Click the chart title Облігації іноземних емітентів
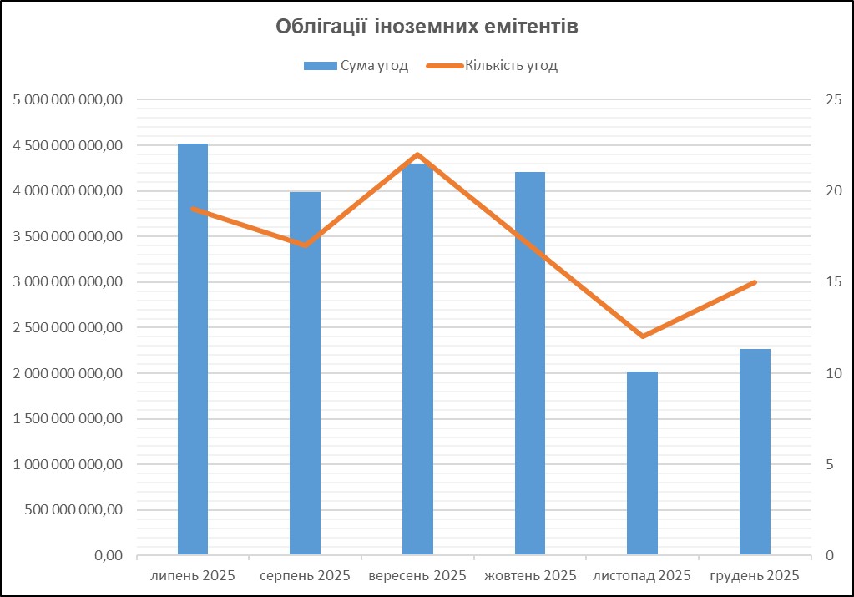[427, 28]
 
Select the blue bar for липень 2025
[193, 351]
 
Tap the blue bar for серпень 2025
[305, 376]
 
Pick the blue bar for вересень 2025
[417, 359]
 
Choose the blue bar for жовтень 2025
[530, 363]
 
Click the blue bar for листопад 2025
[642, 463]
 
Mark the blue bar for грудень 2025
[755, 451]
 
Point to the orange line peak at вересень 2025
[417, 154]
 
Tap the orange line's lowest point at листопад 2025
[642, 336]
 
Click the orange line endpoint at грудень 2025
[755, 282]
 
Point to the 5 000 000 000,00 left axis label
[68, 100]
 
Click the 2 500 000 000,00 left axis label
[68, 328]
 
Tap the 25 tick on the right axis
[831, 100]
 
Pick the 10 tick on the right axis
[831, 373]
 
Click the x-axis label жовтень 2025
[530, 576]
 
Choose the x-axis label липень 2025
[193, 576]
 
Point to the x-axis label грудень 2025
[755, 576]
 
